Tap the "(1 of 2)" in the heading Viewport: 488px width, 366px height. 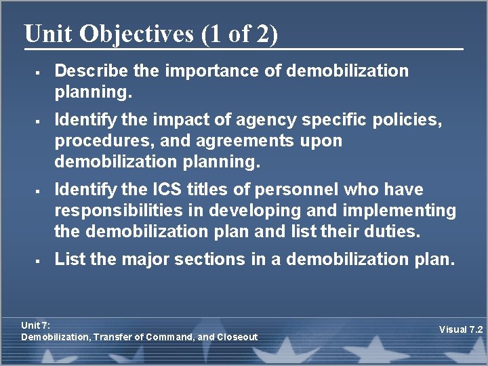pyautogui.click(x=239, y=34)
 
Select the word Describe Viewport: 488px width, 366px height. pyautogui.click(x=84, y=70)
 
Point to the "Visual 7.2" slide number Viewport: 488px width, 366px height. pyautogui.click(x=460, y=330)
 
